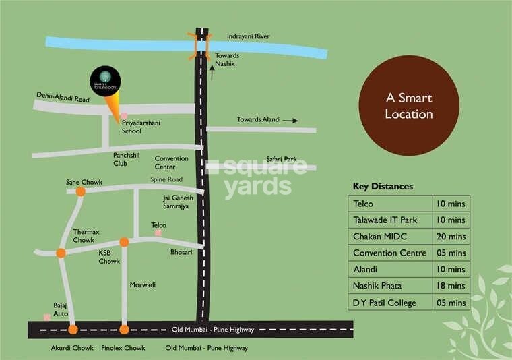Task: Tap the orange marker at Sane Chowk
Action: pyautogui.click(x=80, y=191)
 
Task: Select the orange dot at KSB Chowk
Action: pyautogui.click(x=124, y=242)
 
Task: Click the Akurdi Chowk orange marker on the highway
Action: pyautogui.click(x=73, y=330)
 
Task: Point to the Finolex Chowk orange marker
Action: pyautogui.click(x=124, y=330)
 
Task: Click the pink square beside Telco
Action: pyautogui.click(x=158, y=233)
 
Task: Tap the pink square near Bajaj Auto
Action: pyautogui.click(x=46, y=316)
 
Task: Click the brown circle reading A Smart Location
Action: pyautogui.click(x=409, y=106)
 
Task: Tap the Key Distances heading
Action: pyautogui.click(x=383, y=187)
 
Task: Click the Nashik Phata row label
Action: pyautogui.click(x=381, y=286)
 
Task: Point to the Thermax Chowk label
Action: pyautogui.click(x=86, y=236)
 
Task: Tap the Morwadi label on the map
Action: pyautogui.click(x=142, y=285)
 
